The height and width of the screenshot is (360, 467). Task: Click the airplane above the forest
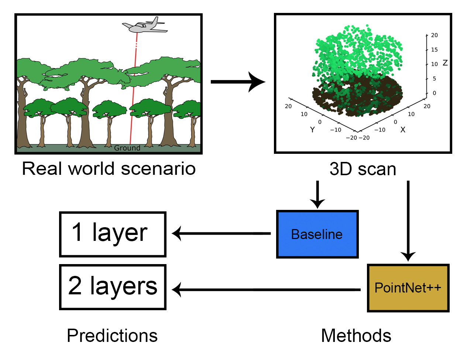pyautogui.click(x=144, y=25)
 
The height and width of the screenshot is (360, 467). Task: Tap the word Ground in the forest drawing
pyautogui.click(x=127, y=148)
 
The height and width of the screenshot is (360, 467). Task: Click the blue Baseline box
pyautogui.click(x=317, y=234)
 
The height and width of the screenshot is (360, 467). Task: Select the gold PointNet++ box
pyautogui.click(x=408, y=288)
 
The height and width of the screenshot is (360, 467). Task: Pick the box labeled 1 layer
pyautogui.click(x=113, y=234)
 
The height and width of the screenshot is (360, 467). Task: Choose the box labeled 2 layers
pyautogui.click(x=113, y=287)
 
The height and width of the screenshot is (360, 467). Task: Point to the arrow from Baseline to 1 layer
pyautogui.click(x=222, y=233)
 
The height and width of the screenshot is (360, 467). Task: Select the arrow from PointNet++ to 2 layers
pyautogui.click(x=266, y=290)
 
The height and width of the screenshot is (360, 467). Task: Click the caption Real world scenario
pyautogui.click(x=109, y=169)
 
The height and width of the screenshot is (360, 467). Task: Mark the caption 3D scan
pyautogui.click(x=363, y=169)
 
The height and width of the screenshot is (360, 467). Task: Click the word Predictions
pyautogui.click(x=112, y=336)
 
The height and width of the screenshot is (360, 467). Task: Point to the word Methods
pyautogui.click(x=356, y=336)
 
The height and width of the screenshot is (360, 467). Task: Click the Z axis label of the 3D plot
pyautogui.click(x=445, y=63)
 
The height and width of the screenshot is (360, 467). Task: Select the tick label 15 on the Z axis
pyautogui.click(x=434, y=50)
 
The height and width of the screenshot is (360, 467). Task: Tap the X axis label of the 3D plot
pyautogui.click(x=403, y=130)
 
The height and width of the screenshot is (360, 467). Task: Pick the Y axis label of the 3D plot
pyautogui.click(x=312, y=130)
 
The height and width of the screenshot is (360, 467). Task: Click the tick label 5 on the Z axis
pyautogui.click(x=434, y=79)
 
